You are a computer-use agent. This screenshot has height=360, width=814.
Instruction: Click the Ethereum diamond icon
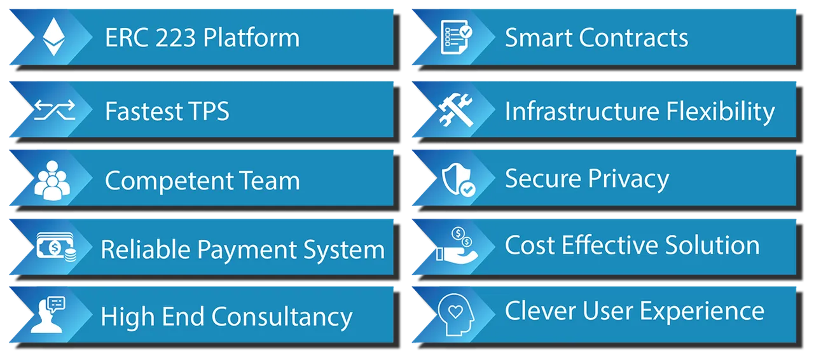[x=54, y=37]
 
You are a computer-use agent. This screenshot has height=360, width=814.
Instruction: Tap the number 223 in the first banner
[x=176, y=38]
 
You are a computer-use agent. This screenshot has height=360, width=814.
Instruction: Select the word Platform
[x=251, y=37]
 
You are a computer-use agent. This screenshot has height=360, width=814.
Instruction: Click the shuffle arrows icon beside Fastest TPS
[x=55, y=110]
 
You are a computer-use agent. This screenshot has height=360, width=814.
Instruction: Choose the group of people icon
[x=52, y=181]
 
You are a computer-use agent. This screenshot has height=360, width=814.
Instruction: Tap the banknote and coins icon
[x=57, y=247]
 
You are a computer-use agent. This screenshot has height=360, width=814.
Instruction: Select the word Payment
[x=247, y=251]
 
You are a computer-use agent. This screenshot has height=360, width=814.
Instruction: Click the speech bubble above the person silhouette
[x=57, y=304]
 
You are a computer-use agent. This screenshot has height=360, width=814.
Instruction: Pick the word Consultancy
[x=282, y=317]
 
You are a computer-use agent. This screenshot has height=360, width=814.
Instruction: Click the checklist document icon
[x=456, y=37]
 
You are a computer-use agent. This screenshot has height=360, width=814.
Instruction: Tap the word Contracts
[x=633, y=38]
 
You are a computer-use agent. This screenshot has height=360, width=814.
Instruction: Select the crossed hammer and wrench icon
[x=456, y=110]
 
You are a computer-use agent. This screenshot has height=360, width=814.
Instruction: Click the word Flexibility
[x=721, y=112]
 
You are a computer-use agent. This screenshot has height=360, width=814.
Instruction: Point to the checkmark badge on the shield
[x=467, y=189]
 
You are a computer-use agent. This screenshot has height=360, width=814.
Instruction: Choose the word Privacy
[x=629, y=179]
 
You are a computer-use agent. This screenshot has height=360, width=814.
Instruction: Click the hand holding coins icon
[x=457, y=245]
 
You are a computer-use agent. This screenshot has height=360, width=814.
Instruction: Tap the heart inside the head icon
[x=455, y=311]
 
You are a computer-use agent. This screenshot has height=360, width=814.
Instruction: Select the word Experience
[x=702, y=312]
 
